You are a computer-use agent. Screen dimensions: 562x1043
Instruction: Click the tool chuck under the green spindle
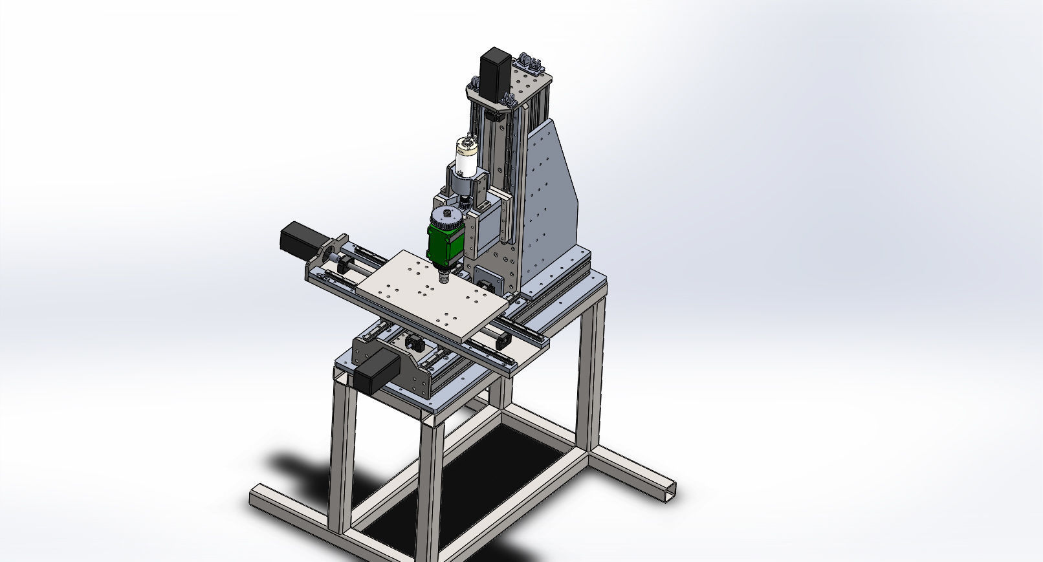point(444,277)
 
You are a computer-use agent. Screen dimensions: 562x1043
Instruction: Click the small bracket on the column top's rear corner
point(531,63)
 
